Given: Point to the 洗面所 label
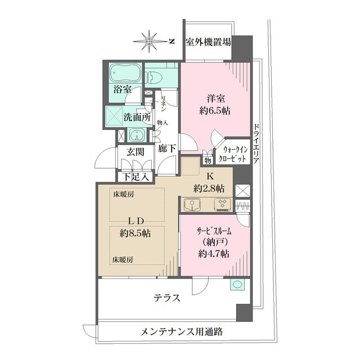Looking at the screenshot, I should pos(137,118).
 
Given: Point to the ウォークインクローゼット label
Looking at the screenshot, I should pos(235,154).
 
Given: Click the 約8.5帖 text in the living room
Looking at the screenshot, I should pos(134,232).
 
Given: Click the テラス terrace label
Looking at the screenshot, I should pos(166,298).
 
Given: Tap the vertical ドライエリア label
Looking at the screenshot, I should pos(256,143).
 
